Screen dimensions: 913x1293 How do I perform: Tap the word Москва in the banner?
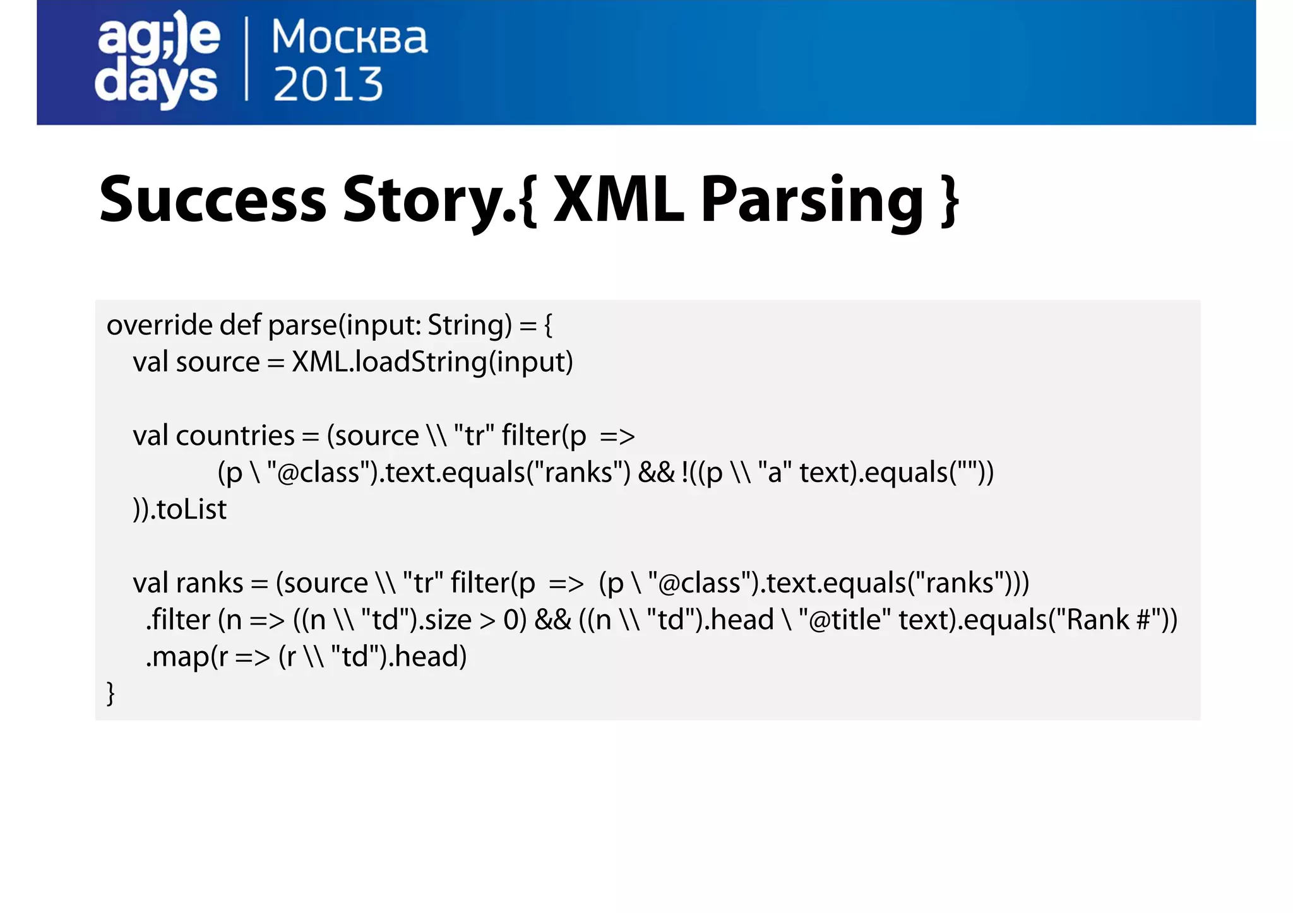[x=349, y=37]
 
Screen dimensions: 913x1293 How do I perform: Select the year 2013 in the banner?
[x=328, y=85]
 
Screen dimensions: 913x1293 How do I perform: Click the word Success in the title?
[x=213, y=200]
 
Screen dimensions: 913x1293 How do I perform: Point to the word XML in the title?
[x=618, y=200]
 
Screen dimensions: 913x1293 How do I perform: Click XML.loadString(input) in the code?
[x=432, y=362]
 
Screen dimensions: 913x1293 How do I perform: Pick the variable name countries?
[x=235, y=436]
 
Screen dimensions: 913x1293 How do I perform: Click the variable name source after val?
[x=217, y=362]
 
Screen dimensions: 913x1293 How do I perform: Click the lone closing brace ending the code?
[x=110, y=693]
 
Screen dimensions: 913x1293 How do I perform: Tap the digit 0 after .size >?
[x=511, y=620]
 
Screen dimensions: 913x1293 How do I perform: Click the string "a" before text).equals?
[x=775, y=473]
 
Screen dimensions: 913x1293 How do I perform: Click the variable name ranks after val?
[x=209, y=583]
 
